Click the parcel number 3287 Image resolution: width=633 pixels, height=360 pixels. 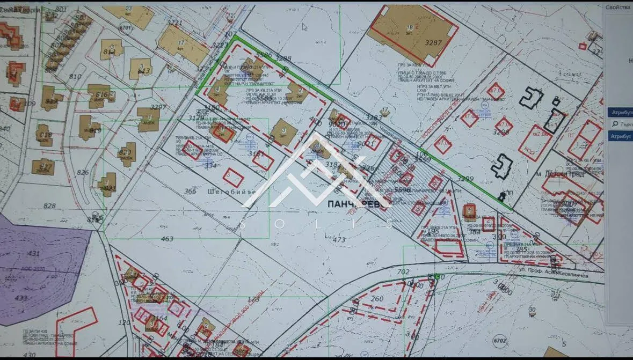click(x=433, y=43)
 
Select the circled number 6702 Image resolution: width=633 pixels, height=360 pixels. click(x=500, y=340)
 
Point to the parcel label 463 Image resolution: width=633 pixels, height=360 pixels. click(x=167, y=239)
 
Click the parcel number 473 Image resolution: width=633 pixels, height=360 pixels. click(x=339, y=240)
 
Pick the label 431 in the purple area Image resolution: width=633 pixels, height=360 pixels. click(x=34, y=253)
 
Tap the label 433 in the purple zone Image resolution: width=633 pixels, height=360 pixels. click(x=21, y=298)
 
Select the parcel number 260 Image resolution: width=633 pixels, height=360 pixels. click(x=377, y=299)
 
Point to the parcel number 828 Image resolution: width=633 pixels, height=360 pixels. click(x=49, y=206)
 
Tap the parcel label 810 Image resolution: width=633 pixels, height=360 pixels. click(x=75, y=77)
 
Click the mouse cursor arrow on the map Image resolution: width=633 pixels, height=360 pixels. click(x=304, y=26)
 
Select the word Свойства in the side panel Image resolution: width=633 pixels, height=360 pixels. click(x=618, y=7)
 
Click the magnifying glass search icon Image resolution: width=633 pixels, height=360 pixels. click(x=615, y=124)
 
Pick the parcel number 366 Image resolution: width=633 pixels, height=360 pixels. click(x=190, y=191)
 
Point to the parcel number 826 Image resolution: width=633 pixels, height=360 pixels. click(x=83, y=172)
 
